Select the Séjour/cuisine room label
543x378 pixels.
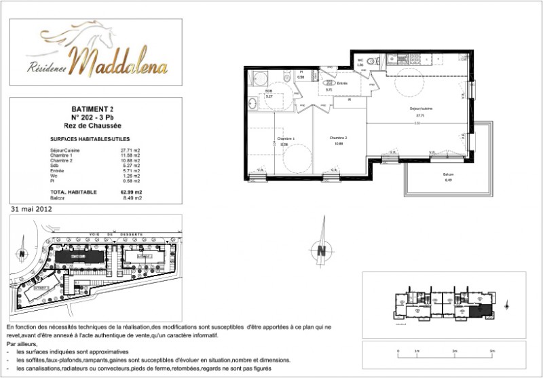(x=420, y=109)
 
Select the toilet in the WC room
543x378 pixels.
(x=370, y=62)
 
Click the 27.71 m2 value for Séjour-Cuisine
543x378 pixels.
(x=130, y=150)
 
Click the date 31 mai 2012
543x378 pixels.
(x=31, y=210)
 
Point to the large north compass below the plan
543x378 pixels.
(x=320, y=249)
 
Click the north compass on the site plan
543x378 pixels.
(x=22, y=253)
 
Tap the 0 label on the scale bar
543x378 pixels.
(x=396, y=352)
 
